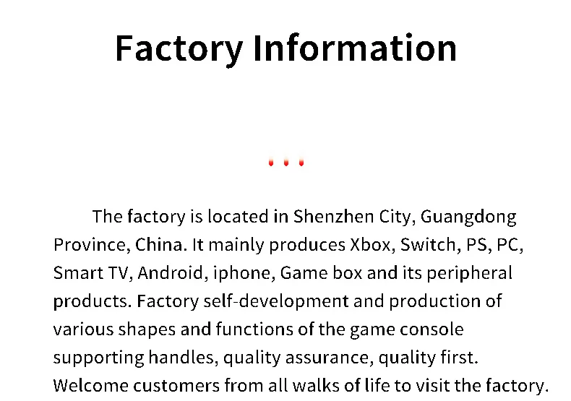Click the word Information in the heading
(354, 48)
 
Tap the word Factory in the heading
(179, 49)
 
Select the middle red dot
(286, 163)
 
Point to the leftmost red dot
(271, 163)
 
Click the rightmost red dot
(301, 163)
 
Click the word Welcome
(90, 385)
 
